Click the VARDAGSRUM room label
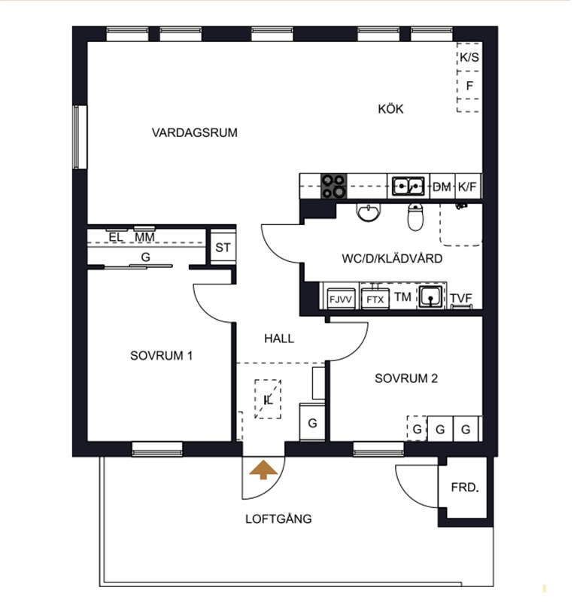pyautogui.click(x=195, y=132)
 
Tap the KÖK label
pyautogui.click(x=391, y=109)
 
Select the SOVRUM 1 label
pyautogui.click(x=161, y=355)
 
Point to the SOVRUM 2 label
pyautogui.click(x=406, y=379)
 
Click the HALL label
pyautogui.click(x=279, y=339)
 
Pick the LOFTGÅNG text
pyautogui.click(x=278, y=519)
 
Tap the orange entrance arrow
pyautogui.click(x=263, y=470)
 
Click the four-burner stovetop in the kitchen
pyautogui.click(x=333, y=186)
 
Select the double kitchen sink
pyautogui.click(x=408, y=186)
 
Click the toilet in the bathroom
pyautogui.click(x=415, y=217)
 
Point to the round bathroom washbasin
pyautogui.click(x=369, y=212)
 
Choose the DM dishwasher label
pyautogui.click(x=442, y=187)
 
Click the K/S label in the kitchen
pyautogui.click(x=469, y=57)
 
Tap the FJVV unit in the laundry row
pyautogui.click(x=340, y=299)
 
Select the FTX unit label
pyautogui.click(x=375, y=299)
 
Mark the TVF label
pyautogui.click(x=461, y=298)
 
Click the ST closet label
pyautogui.click(x=223, y=248)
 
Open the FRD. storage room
pyautogui.click(x=465, y=488)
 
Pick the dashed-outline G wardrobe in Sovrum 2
pyautogui.click(x=417, y=428)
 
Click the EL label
pyautogui.click(x=116, y=237)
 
